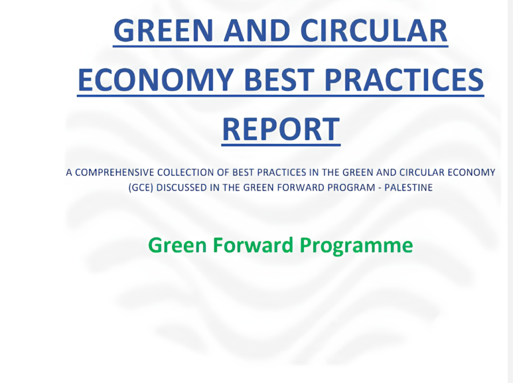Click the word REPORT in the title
click(x=281, y=129)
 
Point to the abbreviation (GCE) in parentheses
click(x=141, y=187)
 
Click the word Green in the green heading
click(x=178, y=245)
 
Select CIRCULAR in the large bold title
click(x=374, y=31)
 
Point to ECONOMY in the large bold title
click(x=156, y=80)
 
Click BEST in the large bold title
click(x=280, y=80)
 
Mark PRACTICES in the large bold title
click(x=404, y=80)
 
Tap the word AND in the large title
click(x=257, y=31)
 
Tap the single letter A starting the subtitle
click(x=69, y=172)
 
